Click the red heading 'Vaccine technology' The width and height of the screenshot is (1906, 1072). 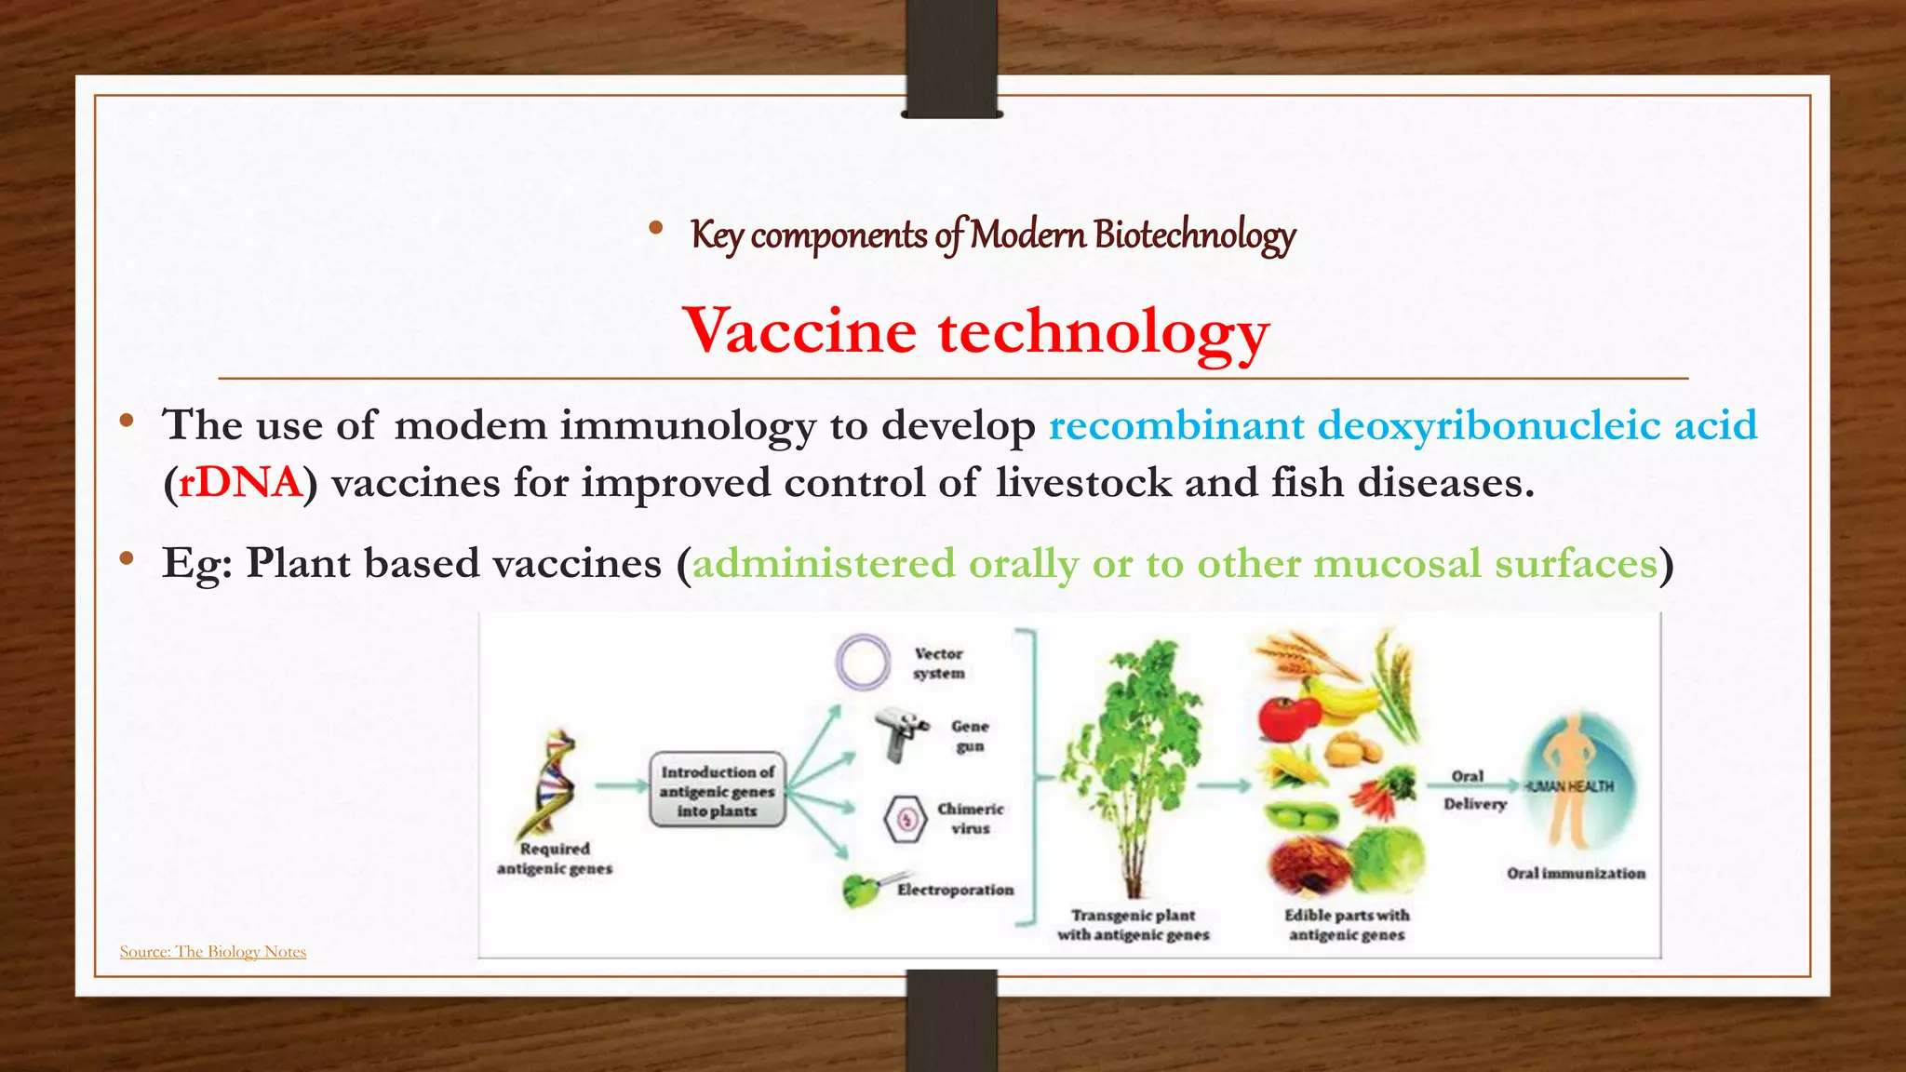click(x=975, y=332)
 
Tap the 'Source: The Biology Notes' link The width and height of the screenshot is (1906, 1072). click(x=213, y=951)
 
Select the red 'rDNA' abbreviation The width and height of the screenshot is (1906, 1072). click(x=240, y=483)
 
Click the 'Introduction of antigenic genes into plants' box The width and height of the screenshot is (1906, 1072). click(x=717, y=791)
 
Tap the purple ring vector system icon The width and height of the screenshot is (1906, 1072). click(x=863, y=662)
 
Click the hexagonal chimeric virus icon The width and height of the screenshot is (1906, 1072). click(x=905, y=819)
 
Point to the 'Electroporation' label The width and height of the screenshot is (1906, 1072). click(x=955, y=891)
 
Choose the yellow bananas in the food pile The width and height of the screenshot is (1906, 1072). click(x=1345, y=698)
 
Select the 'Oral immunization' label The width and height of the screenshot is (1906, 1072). click(x=1576, y=874)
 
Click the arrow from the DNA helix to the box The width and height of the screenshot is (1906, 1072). click(x=621, y=786)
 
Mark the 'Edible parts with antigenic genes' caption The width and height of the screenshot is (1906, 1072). click(x=1347, y=925)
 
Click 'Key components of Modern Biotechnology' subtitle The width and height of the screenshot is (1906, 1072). click(x=992, y=234)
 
